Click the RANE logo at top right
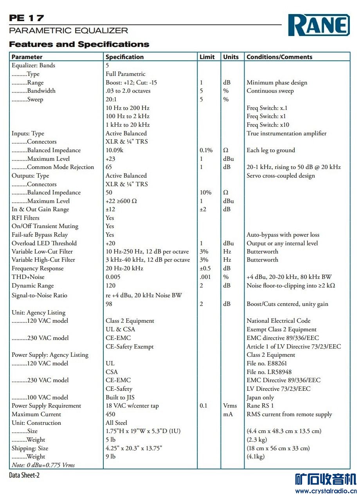tap(319, 25)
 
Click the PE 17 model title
tap(27, 18)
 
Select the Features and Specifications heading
tap(79, 44)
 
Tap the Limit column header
tap(207, 57)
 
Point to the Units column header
tap(231, 57)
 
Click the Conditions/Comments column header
tap(279, 57)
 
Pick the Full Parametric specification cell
tap(125, 74)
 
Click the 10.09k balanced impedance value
tap(114, 150)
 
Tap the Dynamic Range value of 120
tap(111, 286)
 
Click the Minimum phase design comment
tap(277, 83)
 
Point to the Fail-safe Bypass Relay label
tap(40, 235)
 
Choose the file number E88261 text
tap(267, 363)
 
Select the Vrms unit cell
tap(230, 406)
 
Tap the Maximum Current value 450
tap(110, 414)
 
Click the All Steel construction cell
tap(116, 423)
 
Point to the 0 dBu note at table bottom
tap(43, 465)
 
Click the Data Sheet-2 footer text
tap(24, 475)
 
